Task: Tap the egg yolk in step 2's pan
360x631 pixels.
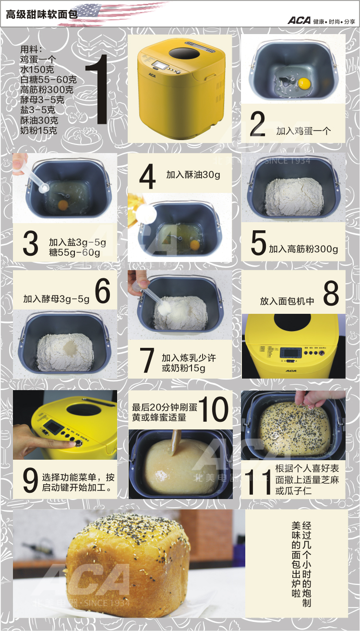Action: (x=303, y=83)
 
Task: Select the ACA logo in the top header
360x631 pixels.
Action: (x=299, y=21)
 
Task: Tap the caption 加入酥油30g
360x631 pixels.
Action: (x=193, y=175)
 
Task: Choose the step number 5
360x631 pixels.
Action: (x=258, y=243)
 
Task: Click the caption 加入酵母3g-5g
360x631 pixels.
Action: (x=56, y=299)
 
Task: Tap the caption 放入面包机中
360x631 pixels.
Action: (x=287, y=301)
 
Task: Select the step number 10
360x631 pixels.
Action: (x=214, y=409)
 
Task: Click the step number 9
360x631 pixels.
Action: (x=30, y=480)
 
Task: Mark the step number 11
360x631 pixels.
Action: (x=258, y=481)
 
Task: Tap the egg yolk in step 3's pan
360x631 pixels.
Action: (x=62, y=205)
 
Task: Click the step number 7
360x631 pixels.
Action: (x=146, y=361)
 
